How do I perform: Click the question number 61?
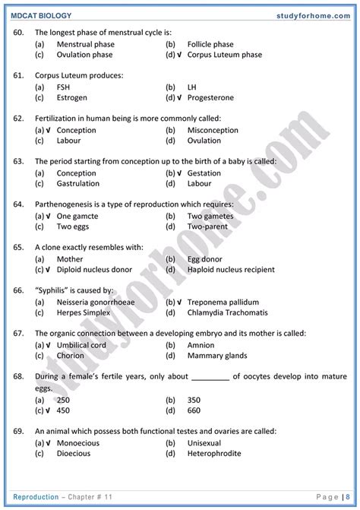(19, 76)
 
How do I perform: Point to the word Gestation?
(204, 173)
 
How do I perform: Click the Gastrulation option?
(77, 183)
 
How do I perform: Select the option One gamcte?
(77, 216)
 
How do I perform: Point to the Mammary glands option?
(216, 355)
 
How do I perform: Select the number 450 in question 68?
(63, 410)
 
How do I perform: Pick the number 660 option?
(194, 410)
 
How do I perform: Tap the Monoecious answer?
(78, 442)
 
